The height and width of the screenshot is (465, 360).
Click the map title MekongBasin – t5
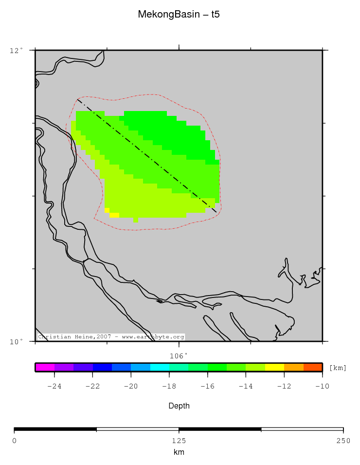179,15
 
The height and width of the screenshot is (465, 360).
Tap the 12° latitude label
17,50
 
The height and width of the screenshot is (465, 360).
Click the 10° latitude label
17,341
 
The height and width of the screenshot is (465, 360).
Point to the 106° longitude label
179,356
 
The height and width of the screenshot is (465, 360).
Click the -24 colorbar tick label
54,387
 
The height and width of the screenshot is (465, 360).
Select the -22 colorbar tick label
92,387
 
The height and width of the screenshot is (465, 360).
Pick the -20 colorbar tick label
130,387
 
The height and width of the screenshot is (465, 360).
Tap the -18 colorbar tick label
169,387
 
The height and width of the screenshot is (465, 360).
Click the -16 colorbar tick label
207,387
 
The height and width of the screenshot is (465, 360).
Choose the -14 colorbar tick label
246,387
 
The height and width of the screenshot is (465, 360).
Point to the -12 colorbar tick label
284,387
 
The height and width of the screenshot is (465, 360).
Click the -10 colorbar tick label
322,387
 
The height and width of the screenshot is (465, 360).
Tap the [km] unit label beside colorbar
338,368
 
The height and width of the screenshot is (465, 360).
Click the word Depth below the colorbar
179,406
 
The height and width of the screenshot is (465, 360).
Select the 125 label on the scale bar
179,441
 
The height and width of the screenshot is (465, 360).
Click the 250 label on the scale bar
343,441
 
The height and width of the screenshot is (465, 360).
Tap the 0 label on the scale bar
14,441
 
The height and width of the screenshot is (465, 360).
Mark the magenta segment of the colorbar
45,367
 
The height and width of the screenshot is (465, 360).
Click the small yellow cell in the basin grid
114,215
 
